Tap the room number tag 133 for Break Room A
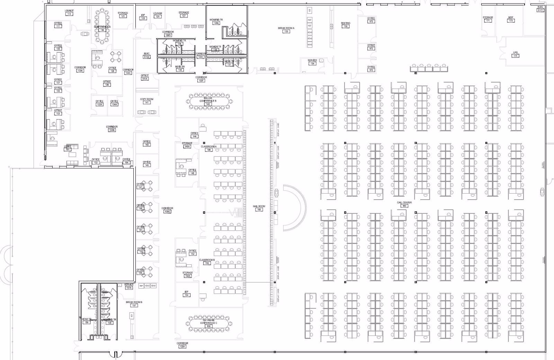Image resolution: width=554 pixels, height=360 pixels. [286, 32]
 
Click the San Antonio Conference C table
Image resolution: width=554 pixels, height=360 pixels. [208, 324]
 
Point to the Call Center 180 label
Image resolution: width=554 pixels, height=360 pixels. [404, 204]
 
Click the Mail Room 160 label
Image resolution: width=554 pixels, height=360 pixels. [259, 208]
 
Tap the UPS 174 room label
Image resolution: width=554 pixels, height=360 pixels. [515, 54]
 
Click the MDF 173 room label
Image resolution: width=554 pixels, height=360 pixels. [511, 19]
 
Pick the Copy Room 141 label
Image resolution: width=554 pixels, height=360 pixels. [147, 101]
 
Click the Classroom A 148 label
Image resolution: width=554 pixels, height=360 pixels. [208, 148]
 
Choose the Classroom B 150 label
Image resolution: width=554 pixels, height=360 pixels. [207, 262]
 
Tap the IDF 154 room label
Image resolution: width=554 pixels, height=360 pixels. [186, 293]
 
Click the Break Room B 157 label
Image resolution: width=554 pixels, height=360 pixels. [134, 304]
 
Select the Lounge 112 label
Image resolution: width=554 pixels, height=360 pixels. [69, 12]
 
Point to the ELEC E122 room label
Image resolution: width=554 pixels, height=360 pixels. [147, 55]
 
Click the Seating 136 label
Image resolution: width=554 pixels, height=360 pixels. [345, 25]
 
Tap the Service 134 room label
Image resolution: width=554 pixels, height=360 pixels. [312, 62]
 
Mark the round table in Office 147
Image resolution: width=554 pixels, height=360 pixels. [149, 186]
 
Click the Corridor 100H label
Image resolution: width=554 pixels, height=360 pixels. [182, 345]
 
